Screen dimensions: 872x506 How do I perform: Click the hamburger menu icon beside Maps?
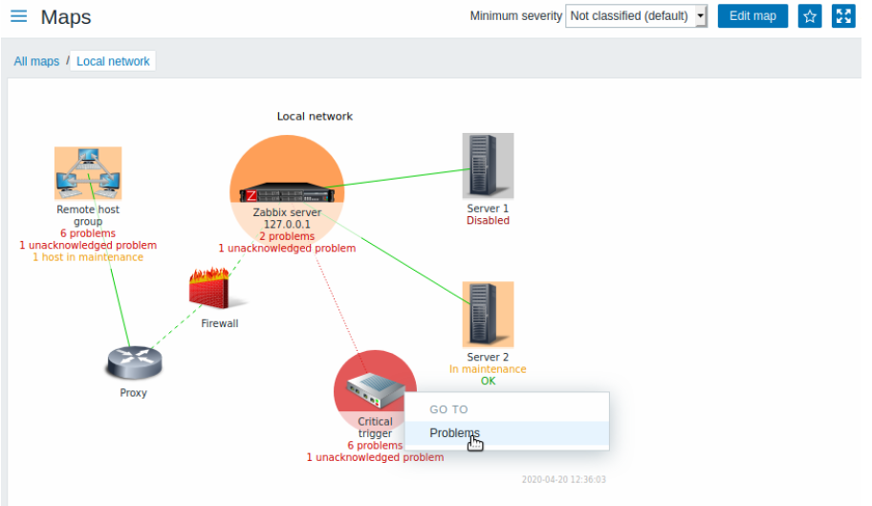(18, 15)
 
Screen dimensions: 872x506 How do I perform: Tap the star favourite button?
(810, 15)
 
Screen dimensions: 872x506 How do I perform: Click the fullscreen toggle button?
(843, 15)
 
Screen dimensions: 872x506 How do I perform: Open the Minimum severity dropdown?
(636, 15)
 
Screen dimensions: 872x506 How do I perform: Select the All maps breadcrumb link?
(36, 61)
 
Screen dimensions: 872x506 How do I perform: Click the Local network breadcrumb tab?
(113, 61)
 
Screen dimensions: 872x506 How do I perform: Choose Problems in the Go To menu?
(454, 432)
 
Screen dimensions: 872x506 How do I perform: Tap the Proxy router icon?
(134, 362)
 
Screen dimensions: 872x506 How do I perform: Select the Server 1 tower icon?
(488, 165)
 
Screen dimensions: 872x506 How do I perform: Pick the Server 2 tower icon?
(488, 314)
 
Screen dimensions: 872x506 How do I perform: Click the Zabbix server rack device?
(287, 192)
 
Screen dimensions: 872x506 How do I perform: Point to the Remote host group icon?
(88, 173)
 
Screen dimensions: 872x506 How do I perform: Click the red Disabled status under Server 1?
(488, 220)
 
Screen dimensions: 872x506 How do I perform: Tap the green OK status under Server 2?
(488, 381)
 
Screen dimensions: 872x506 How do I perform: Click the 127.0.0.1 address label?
(287, 224)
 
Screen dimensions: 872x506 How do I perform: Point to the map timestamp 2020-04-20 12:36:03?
(563, 479)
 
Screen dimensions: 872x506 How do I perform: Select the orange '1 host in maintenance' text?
(88, 257)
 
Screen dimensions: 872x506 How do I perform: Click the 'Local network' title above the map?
(315, 116)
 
